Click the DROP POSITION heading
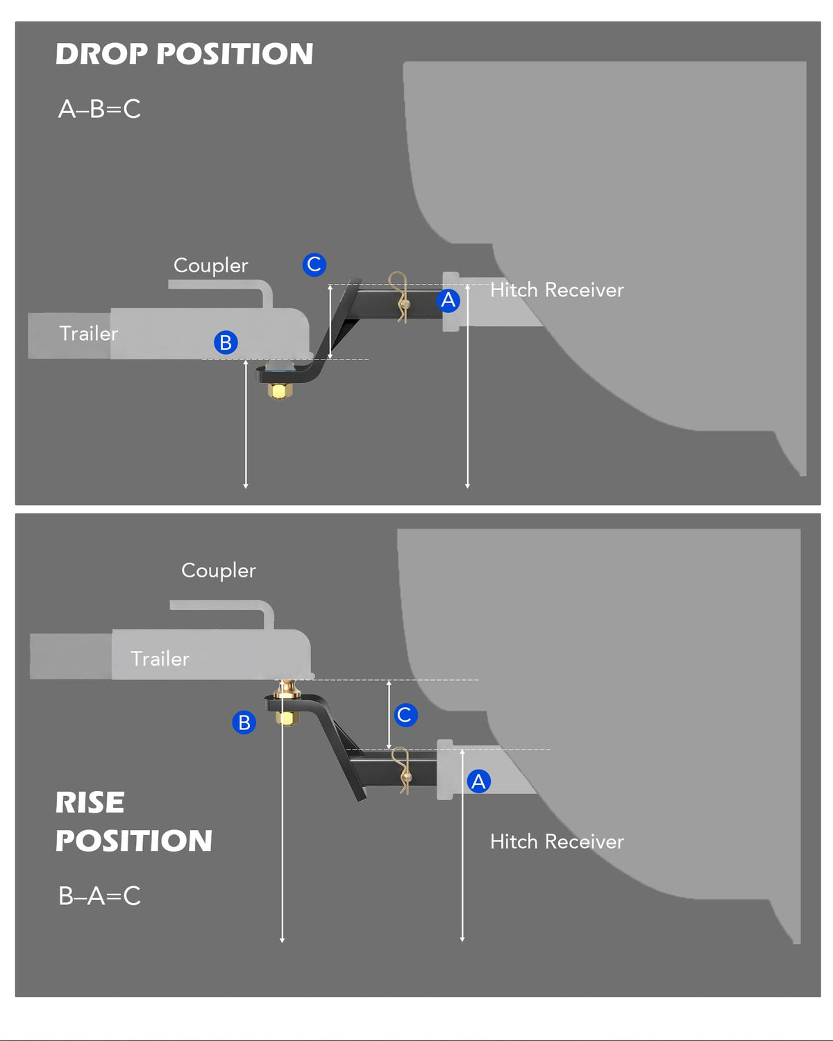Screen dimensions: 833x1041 185,53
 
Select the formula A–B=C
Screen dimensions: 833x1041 100,109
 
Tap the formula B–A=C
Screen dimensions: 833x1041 100,896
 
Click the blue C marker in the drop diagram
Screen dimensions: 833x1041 314,264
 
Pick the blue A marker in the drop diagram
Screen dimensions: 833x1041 448,301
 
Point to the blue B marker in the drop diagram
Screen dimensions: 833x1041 226,342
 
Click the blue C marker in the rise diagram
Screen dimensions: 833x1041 405,715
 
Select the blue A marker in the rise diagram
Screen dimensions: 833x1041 479,781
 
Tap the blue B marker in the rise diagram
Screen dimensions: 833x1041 244,722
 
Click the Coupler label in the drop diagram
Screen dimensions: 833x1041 210,266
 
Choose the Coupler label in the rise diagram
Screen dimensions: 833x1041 218,570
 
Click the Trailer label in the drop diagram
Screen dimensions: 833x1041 89,333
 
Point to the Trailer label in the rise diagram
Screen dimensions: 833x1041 160,659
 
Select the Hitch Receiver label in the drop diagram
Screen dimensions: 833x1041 557,290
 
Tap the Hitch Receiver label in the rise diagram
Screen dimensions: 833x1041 557,843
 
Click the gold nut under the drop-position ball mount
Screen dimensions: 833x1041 280,390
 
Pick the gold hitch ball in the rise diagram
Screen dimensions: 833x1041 287,689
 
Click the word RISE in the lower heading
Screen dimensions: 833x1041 90,802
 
